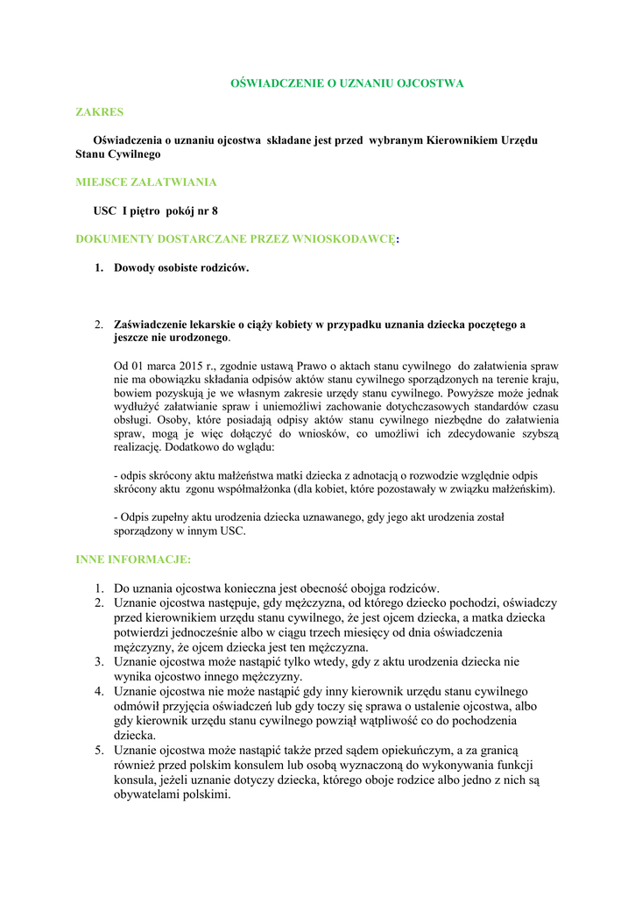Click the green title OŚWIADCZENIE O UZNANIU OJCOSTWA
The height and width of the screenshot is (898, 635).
tap(346, 83)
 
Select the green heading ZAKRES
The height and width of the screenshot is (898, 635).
tap(99, 112)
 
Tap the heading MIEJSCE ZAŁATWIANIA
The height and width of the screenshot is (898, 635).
tap(146, 182)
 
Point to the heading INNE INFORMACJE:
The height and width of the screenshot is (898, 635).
tap(133, 559)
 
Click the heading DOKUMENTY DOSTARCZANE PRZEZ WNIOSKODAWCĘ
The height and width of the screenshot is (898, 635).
tap(236, 239)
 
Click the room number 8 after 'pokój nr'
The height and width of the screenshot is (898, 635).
tap(215, 210)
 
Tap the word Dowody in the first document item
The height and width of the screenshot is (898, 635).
tap(134, 267)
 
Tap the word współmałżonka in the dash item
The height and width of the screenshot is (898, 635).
tap(258, 488)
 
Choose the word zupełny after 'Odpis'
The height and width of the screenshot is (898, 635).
tap(168, 517)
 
